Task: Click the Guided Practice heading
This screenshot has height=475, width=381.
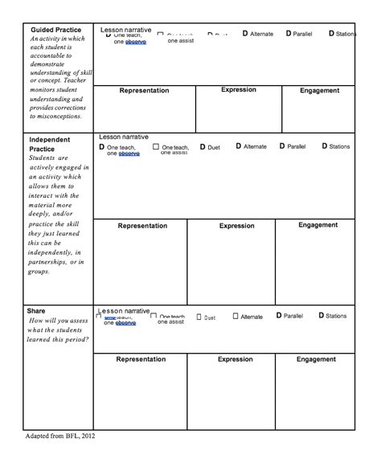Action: coord(55,30)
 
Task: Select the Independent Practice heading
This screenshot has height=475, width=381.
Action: coord(50,144)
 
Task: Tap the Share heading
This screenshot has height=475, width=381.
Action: coord(36,310)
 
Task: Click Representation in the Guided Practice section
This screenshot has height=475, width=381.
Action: coord(144,91)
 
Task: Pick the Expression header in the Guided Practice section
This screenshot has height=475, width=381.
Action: coord(240,90)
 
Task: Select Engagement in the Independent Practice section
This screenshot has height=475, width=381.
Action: coord(317,225)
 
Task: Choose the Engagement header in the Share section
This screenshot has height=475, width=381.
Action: coord(316,359)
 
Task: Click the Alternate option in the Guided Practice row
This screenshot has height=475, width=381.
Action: coord(262,35)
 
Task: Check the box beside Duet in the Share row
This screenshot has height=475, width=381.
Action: coord(199,317)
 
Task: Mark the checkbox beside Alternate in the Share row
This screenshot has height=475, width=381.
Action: coord(236,317)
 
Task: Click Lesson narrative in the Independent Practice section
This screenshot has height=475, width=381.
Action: coord(124,137)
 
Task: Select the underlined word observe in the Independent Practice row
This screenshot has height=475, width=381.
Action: coord(129,153)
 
